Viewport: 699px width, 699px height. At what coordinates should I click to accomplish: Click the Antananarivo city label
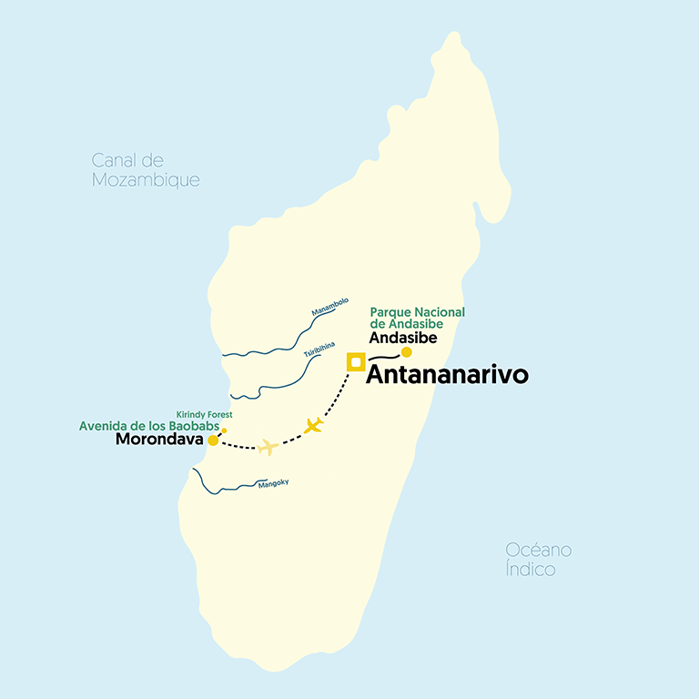tap(447, 375)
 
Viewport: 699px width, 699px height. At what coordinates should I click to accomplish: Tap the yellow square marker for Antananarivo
tap(356, 361)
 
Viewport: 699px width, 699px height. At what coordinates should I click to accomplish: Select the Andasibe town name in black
tap(403, 338)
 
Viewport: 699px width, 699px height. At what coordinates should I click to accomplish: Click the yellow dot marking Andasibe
tap(407, 352)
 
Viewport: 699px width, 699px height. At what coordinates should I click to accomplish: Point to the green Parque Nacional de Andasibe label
tap(417, 318)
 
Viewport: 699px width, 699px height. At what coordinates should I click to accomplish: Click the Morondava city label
tap(159, 441)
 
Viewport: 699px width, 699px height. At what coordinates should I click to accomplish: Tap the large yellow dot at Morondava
tap(213, 441)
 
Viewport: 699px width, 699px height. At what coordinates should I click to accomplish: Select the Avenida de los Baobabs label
tap(149, 425)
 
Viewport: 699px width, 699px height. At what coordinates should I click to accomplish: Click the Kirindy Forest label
tap(204, 414)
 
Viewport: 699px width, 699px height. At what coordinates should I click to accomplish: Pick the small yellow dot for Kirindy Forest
tap(224, 431)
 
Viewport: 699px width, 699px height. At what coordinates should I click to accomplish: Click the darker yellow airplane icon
tap(314, 425)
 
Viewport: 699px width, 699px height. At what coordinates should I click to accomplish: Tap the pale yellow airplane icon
tap(268, 447)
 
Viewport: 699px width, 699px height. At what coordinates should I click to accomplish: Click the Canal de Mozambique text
tap(145, 170)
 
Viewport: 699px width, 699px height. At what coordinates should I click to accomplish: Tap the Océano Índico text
tap(539, 560)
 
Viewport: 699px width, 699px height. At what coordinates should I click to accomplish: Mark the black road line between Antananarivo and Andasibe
tap(384, 359)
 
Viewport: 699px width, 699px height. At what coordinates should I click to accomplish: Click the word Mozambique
tap(145, 180)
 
